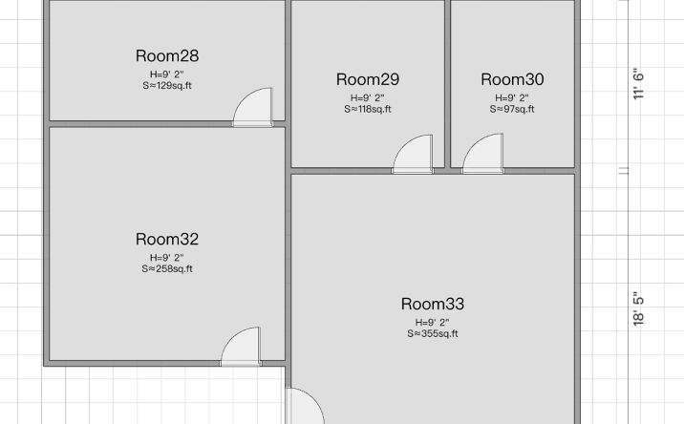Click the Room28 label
(167, 55)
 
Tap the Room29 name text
(368, 79)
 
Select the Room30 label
(512, 79)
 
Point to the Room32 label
(167, 239)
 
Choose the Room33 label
(433, 304)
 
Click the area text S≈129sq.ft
(167, 86)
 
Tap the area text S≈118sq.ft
(368, 109)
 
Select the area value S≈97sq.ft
(512, 109)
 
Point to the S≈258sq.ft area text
(167, 268)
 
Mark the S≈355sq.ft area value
(433, 333)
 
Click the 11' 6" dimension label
(638, 84)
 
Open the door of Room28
(253, 107)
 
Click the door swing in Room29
(413, 155)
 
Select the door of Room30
(482, 154)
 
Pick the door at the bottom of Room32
(241, 347)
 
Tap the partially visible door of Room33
(305, 406)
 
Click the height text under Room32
(167, 258)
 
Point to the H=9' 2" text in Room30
(512, 98)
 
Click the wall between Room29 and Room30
(448, 84)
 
